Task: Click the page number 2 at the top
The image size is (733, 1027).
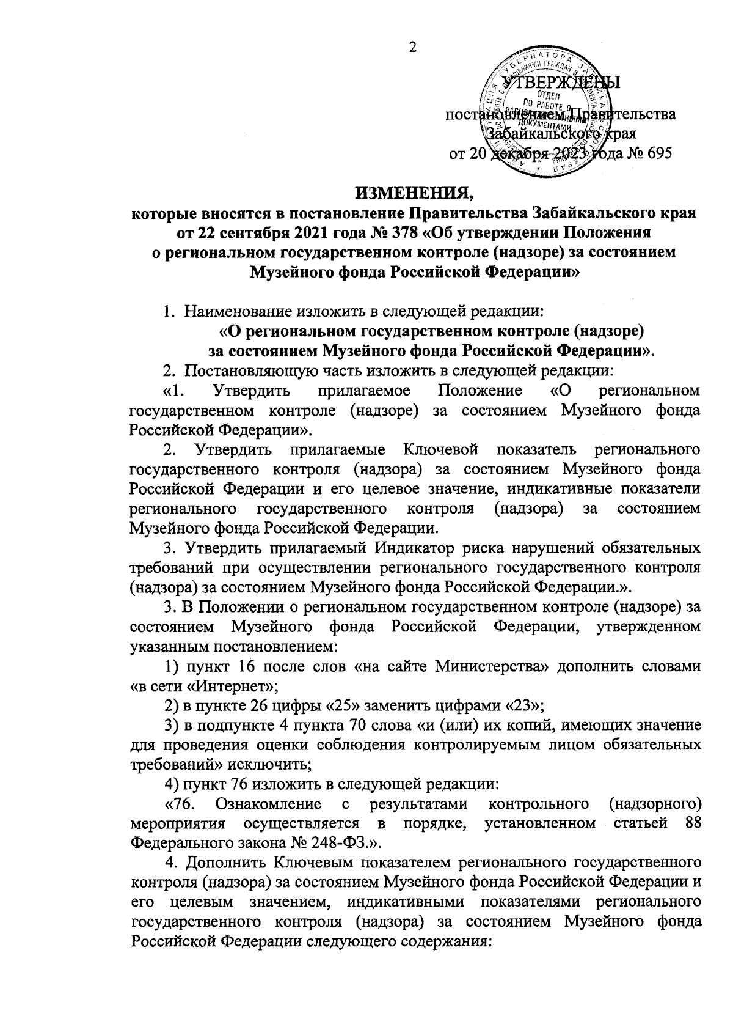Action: pyautogui.click(x=412, y=48)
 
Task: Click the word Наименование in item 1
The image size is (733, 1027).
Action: pyautogui.click(x=242, y=312)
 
